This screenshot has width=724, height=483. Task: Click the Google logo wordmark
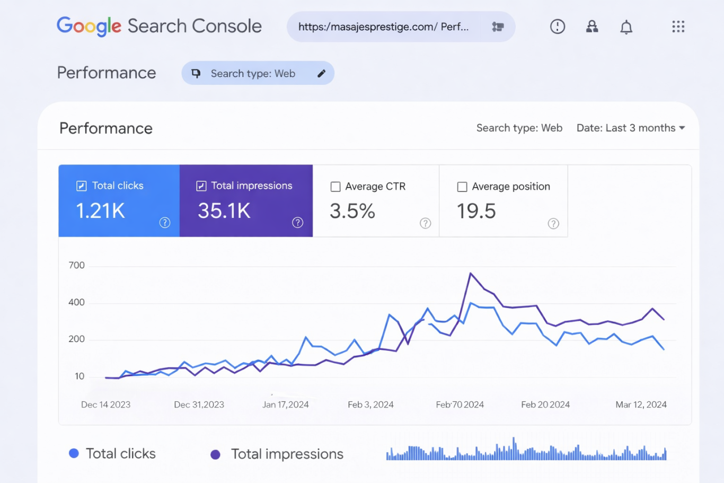[89, 26]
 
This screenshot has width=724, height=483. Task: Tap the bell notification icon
[626, 27]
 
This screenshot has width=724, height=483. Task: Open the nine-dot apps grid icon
[678, 27]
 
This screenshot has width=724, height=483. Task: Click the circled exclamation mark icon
[557, 27]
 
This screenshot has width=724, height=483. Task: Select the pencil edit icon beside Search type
[321, 74]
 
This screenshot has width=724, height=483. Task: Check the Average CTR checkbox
[335, 187]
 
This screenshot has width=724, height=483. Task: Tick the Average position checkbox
[462, 187]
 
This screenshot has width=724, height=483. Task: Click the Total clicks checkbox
[82, 186]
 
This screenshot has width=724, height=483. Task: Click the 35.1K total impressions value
[224, 211]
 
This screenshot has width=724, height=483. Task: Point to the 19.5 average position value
[476, 211]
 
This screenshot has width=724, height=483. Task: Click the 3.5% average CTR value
[352, 211]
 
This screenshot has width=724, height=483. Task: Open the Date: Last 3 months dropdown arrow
[682, 128]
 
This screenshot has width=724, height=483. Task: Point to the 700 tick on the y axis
[76, 265]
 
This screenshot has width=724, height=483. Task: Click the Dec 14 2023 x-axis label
[105, 405]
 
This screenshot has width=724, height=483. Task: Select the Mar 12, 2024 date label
[641, 405]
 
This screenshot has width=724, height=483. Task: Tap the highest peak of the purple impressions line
[471, 274]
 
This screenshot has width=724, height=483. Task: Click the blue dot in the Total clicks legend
[74, 453]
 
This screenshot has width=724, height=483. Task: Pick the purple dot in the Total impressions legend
[215, 454]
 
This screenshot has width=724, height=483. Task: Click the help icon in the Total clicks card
[165, 223]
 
